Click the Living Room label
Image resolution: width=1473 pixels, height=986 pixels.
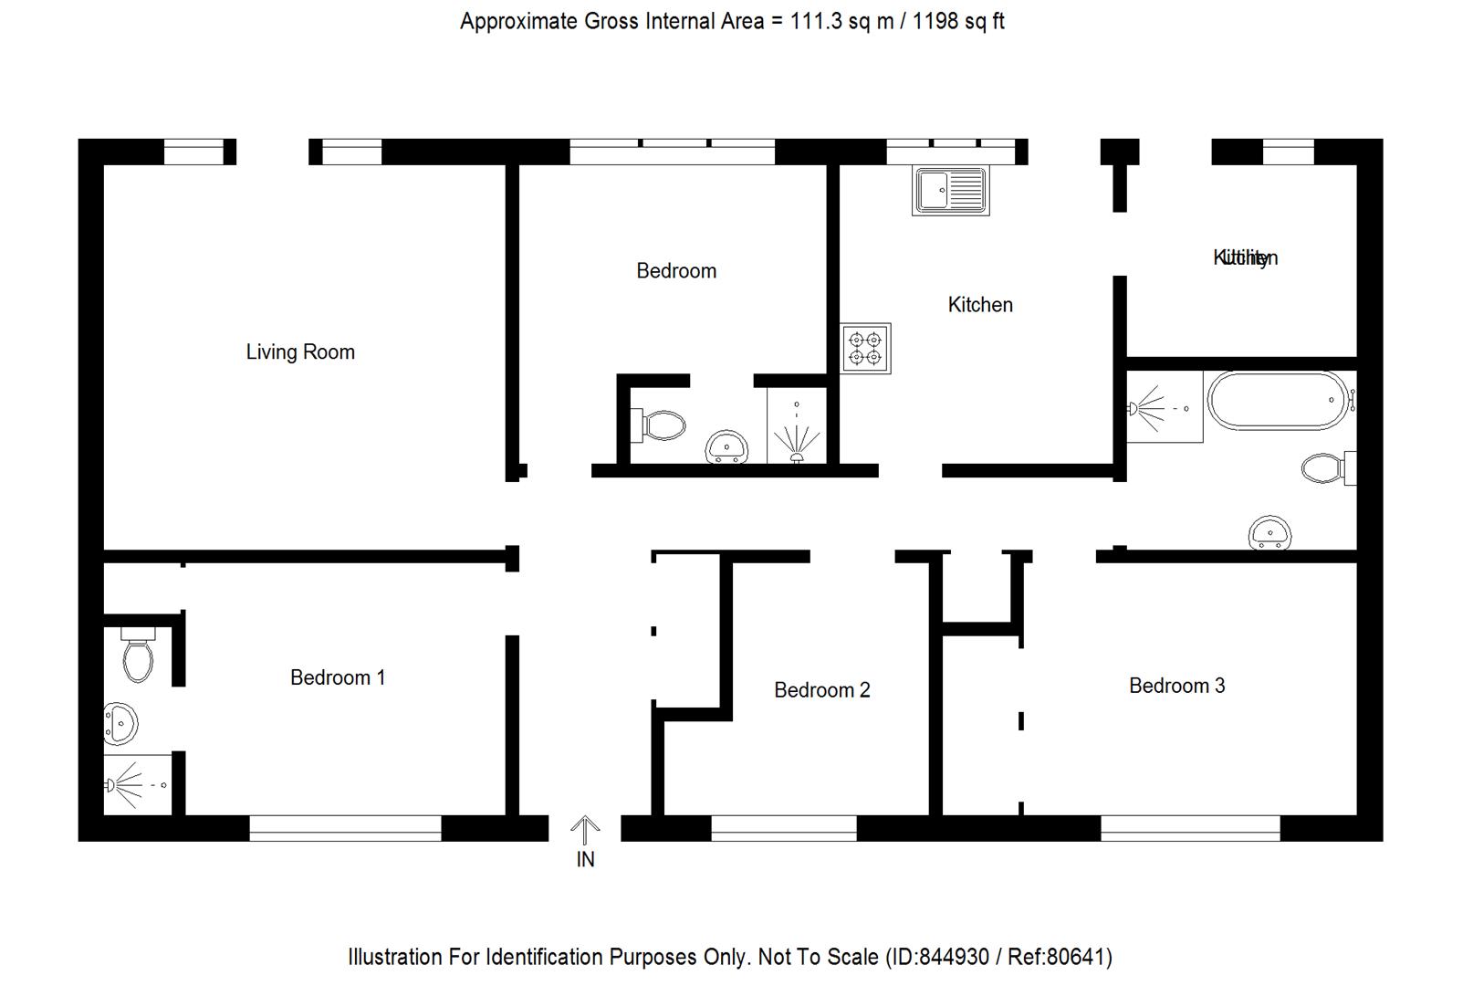[x=300, y=352]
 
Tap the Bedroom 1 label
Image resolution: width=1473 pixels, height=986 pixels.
[x=338, y=677]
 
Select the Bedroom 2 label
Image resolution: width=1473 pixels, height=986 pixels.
[x=821, y=690]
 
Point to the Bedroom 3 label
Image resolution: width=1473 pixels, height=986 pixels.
[x=1176, y=686]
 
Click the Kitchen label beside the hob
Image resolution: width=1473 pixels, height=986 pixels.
[x=980, y=305]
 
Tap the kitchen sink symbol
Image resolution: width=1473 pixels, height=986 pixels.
[x=950, y=191]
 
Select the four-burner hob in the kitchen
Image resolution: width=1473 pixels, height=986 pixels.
[x=865, y=348]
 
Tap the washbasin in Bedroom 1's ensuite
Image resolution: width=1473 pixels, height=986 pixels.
[x=120, y=724]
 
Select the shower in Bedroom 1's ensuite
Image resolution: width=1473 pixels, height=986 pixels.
[x=137, y=784]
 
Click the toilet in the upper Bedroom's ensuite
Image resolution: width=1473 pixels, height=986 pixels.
[x=660, y=425]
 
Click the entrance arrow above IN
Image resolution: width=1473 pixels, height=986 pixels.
[x=585, y=830]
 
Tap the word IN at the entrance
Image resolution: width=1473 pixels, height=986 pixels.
[x=585, y=859]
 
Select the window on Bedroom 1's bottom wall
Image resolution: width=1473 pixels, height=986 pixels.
[x=345, y=828]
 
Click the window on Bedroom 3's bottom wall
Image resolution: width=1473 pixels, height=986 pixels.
[x=1190, y=828]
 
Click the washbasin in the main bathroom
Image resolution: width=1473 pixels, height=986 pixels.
[x=1269, y=532]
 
